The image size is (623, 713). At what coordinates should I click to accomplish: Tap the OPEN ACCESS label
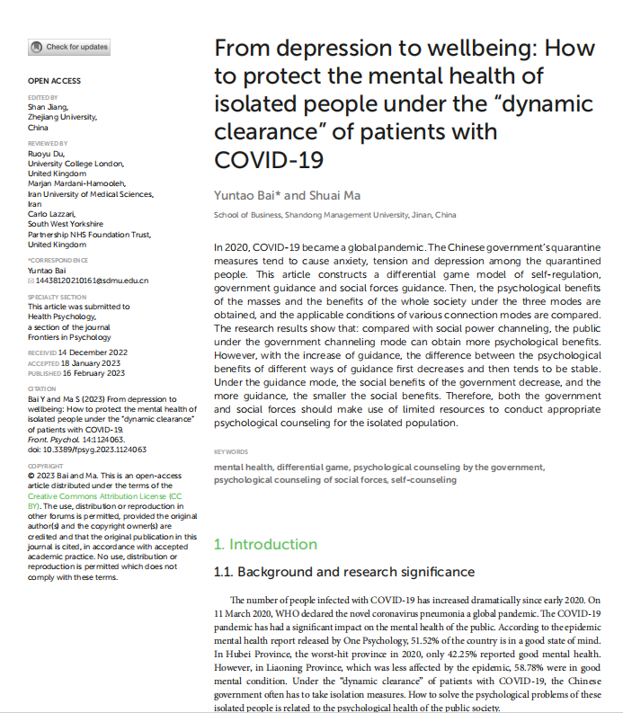pos(54,81)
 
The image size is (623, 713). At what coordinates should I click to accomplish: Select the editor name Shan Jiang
pos(48,106)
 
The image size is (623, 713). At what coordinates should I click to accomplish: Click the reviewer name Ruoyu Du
pos(46,154)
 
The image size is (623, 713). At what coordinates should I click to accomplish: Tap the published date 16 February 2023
pos(93,373)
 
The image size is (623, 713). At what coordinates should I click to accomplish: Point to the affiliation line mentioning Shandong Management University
pos(334,216)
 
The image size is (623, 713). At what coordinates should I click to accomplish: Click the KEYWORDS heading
pos(232,452)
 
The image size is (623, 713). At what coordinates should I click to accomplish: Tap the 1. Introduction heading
pos(265,544)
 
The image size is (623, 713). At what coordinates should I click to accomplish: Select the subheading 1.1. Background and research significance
pos(344,572)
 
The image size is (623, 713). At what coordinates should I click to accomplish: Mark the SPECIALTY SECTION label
pos(57,296)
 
